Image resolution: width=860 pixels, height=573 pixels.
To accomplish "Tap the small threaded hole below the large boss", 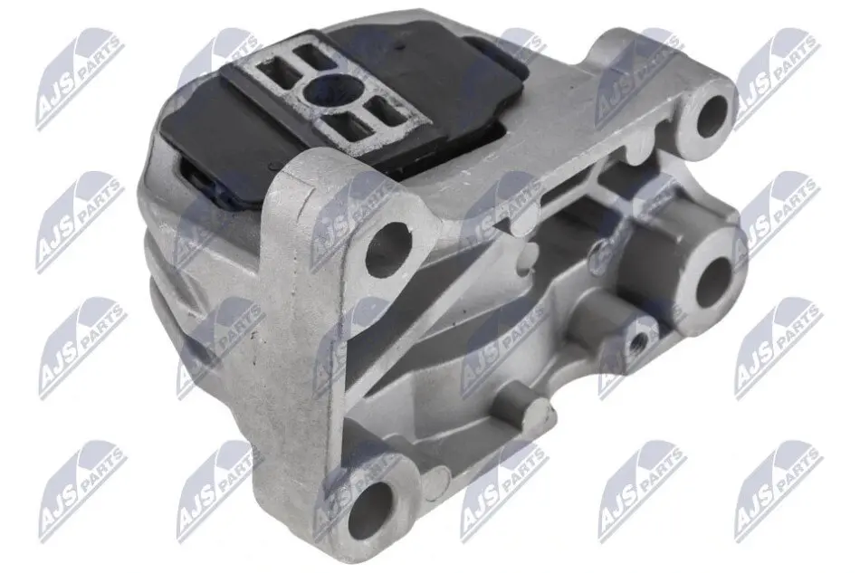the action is [636, 343].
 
